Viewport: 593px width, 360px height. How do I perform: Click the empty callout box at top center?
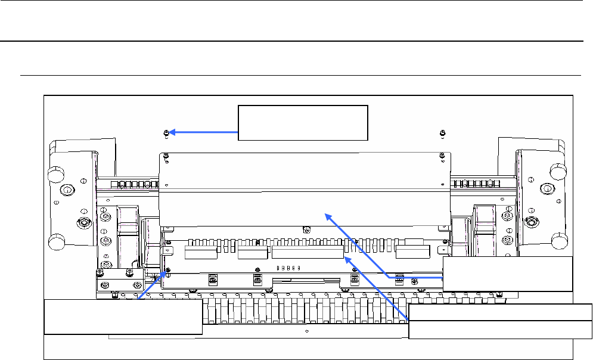click(303, 123)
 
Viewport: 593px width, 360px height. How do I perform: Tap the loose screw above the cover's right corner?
click(440, 132)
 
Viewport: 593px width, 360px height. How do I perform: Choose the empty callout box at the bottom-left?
click(123, 318)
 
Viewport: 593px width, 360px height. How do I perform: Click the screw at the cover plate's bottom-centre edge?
click(306, 229)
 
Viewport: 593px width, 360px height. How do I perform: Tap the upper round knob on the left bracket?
click(55, 173)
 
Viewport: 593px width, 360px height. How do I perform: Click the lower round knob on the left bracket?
click(55, 243)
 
